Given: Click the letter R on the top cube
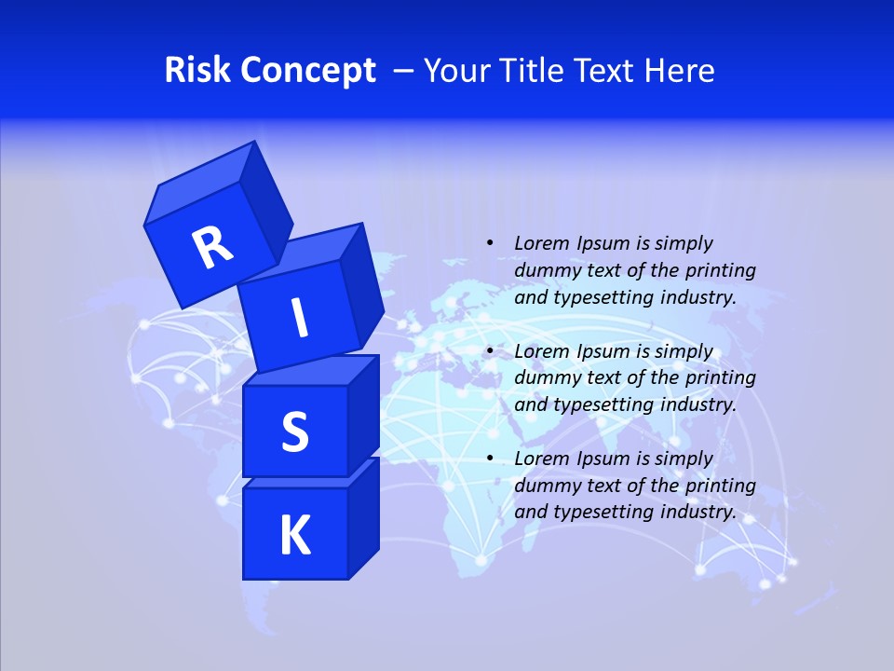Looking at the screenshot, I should (x=212, y=247).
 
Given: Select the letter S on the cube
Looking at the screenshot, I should (x=294, y=431).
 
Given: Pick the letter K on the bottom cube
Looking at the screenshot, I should (x=294, y=536).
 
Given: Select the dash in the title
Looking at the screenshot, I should (x=404, y=71).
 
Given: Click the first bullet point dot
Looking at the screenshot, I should (x=490, y=244).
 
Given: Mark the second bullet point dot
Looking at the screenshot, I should (x=490, y=352).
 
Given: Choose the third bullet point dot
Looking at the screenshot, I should (x=490, y=459).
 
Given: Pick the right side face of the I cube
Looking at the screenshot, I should (x=361, y=284).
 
